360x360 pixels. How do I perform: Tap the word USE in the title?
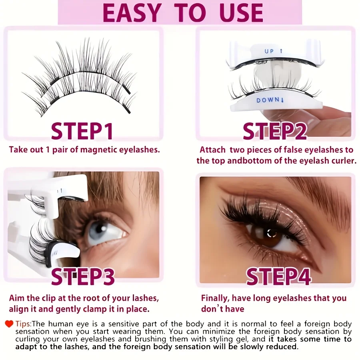[x=236, y=13]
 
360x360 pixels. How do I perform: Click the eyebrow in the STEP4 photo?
[x=316, y=192]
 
